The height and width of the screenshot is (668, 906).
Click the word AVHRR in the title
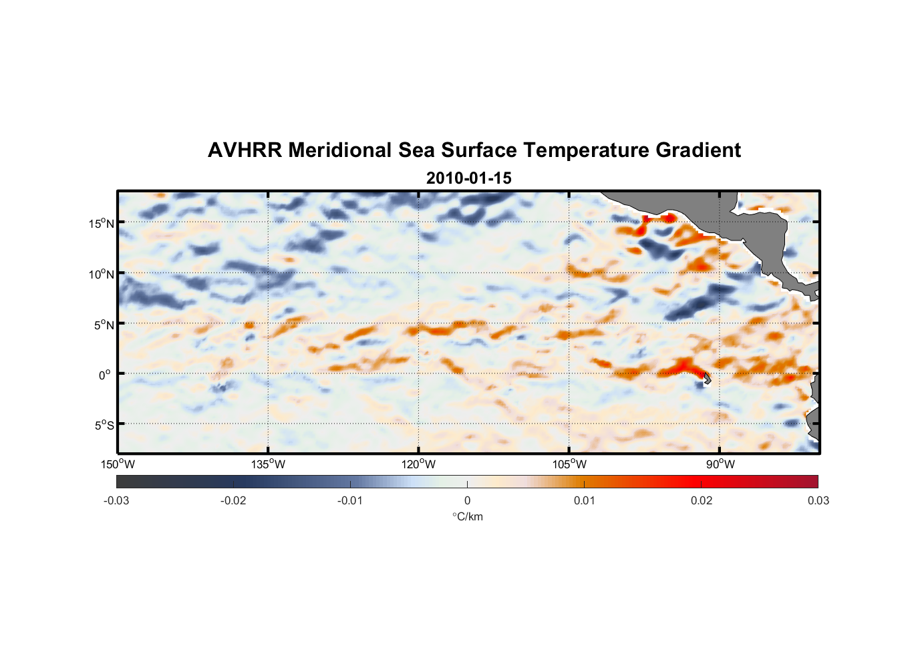pyautogui.click(x=245, y=150)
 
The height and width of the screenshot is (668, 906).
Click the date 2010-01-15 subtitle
pyautogui.click(x=468, y=178)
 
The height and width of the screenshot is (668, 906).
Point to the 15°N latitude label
pyautogui.click(x=102, y=223)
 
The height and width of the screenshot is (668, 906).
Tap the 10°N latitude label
pyautogui.click(x=102, y=274)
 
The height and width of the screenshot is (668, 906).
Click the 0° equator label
pyautogui.click(x=105, y=375)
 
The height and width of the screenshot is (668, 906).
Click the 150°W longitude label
pyautogui.click(x=118, y=464)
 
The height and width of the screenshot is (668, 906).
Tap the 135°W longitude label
pyautogui.click(x=269, y=464)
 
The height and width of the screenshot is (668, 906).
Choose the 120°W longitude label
pyautogui.click(x=419, y=464)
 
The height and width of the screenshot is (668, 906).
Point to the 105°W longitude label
pyautogui.click(x=569, y=464)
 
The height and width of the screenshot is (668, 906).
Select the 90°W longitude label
pyautogui.click(x=720, y=464)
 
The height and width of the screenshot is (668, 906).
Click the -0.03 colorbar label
pyautogui.click(x=116, y=500)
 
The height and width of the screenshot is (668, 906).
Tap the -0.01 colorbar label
pyautogui.click(x=350, y=500)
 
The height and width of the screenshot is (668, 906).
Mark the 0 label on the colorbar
pyautogui.click(x=467, y=500)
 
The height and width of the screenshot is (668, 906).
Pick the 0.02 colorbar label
pyautogui.click(x=701, y=500)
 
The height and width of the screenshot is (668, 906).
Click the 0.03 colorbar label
pyautogui.click(x=818, y=500)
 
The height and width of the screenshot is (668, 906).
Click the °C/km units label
pyautogui.click(x=467, y=516)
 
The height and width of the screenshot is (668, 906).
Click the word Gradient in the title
pyautogui.click(x=698, y=150)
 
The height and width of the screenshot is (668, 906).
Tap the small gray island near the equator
pyautogui.click(x=706, y=378)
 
